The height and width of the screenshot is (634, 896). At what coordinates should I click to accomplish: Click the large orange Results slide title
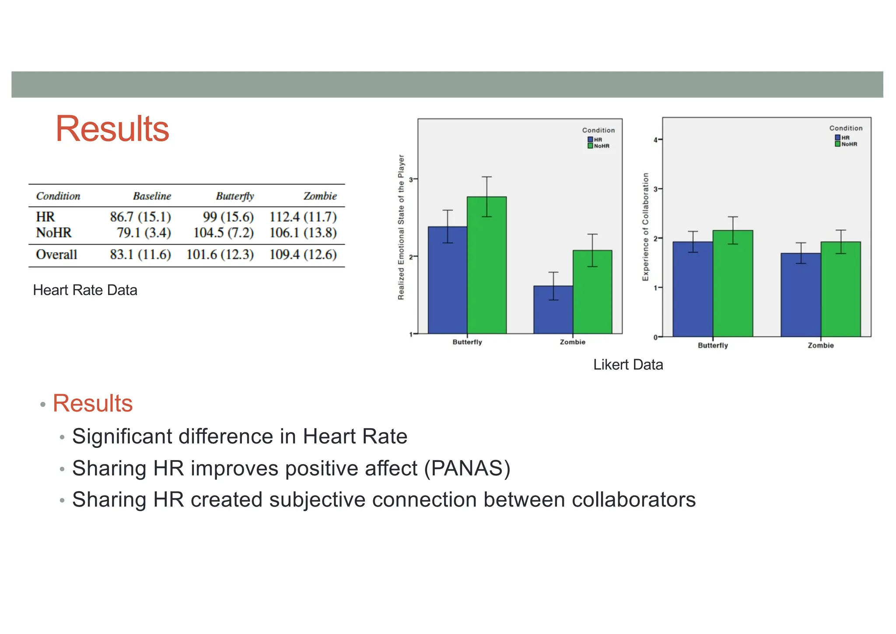pyautogui.click(x=112, y=129)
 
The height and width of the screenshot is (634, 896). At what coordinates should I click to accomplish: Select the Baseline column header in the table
pyautogui.click(x=152, y=196)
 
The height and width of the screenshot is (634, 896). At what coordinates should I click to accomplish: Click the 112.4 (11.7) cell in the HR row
pyautogui.click(x=303, y=217)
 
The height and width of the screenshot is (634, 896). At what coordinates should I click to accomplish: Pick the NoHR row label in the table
pyautogui.click(x=53, y=233)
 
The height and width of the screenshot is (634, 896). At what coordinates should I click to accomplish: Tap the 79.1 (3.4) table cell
pyautogui.click(x=143, y=233)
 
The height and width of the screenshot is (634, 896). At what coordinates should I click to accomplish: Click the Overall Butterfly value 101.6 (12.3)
pyautogui.click(x=220, y=255)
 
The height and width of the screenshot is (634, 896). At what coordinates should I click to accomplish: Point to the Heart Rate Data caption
pyautogui.click(x=85, y=290)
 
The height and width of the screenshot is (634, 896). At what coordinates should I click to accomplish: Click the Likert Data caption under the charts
pyautogui.click(x=628, y=365)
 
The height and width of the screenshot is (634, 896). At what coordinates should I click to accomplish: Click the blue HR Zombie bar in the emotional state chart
pyautogui.click(x=553, y=311)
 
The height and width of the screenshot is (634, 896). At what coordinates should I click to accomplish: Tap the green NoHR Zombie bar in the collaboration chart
pyautogui.click(x=840, y=291)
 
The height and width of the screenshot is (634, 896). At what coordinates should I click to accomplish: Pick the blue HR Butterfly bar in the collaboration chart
pyautogui.click(x=693, y=291)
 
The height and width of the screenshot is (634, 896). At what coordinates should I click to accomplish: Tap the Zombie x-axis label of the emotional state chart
pyautogui.click(x=572, y=342)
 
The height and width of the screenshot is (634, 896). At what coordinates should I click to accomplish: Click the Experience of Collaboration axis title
pyautogui.click(x=645, y=227)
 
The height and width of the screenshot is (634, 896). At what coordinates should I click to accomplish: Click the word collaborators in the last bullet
pyautogui.click(x=633, y=500)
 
